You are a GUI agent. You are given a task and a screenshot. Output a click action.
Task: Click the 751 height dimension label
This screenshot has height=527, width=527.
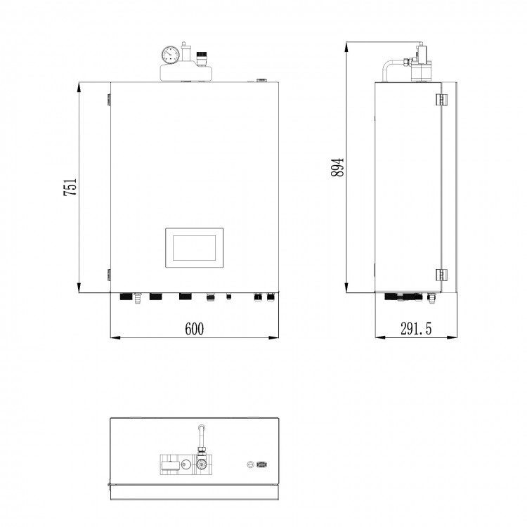pyautogui.click(x=70, y=187)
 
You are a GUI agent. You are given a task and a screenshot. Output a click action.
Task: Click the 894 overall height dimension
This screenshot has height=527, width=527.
pyautogui.click(x=337, y=167)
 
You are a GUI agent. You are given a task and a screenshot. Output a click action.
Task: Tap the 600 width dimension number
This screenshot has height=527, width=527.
pyautogui.click(x=194, y=329)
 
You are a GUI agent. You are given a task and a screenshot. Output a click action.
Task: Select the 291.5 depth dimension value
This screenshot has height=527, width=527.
pyautogui.click(x=416, y=328)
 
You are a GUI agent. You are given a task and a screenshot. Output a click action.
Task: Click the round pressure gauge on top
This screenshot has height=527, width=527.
pyautogui.click(x=171, y=55)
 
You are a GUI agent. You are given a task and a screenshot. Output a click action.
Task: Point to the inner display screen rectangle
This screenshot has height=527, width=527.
pyautogui.click(x=194, y=248)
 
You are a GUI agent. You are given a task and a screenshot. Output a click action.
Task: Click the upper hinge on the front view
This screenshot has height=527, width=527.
pyautogui.click(x=108, y=100)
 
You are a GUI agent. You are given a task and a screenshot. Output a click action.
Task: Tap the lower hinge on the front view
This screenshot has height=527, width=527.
pyautogui.click(x=108, y=275)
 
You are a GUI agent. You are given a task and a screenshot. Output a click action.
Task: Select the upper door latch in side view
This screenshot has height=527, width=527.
pyautogui.click(x=442, y=99)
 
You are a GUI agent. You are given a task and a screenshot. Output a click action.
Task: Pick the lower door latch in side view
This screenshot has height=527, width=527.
pyautogui.click(x=442, y=275)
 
